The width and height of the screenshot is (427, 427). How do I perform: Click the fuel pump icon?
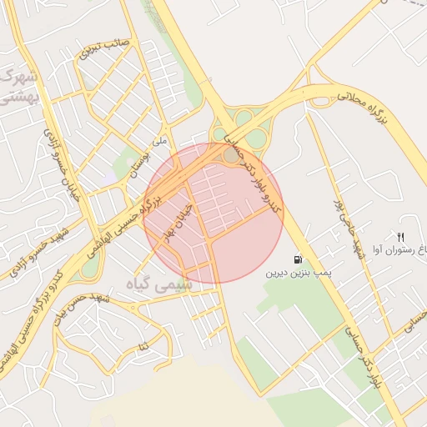[x=299, y=259]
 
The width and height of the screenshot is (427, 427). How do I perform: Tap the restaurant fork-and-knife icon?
[x=401, y=238]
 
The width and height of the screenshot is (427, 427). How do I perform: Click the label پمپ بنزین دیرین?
[x=299, y=273]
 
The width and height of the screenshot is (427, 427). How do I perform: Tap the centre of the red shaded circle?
[x=213, y=213]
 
